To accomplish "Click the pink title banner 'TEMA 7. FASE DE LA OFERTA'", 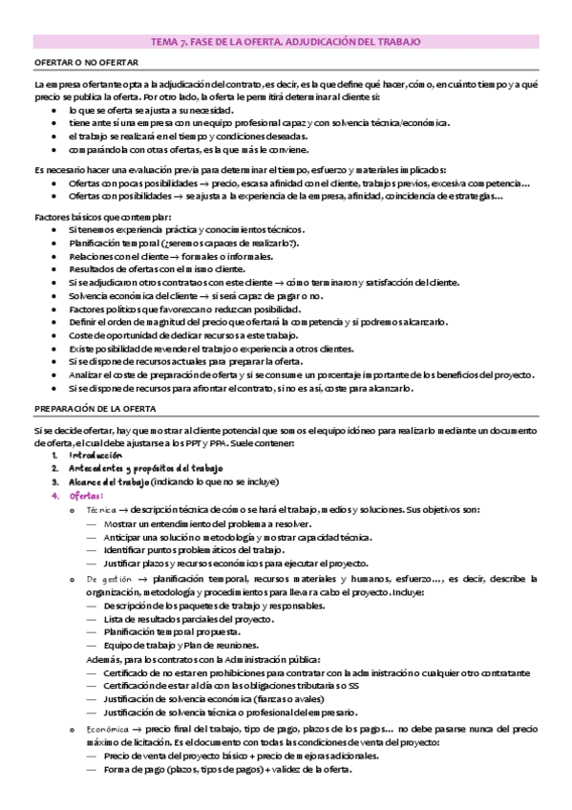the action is [286, 42].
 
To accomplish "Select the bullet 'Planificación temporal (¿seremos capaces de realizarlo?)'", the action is [183, 244].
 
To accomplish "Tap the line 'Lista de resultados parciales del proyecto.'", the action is [179, 619].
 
